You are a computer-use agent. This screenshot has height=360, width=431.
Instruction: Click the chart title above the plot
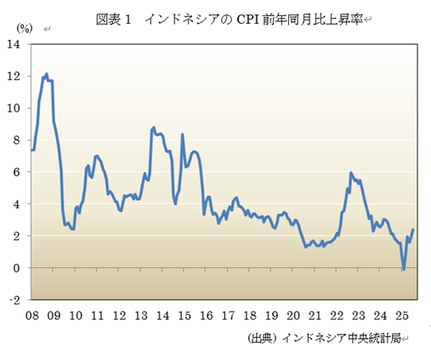(224, 18)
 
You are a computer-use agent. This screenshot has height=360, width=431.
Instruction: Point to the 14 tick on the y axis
(16, 44)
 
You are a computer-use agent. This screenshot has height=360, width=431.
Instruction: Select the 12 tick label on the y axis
(16, 77)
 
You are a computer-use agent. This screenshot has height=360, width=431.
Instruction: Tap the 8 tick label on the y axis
(19, 140)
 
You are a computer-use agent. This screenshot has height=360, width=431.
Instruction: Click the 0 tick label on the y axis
(19, 268)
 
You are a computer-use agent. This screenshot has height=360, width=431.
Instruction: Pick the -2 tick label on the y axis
(16, 300)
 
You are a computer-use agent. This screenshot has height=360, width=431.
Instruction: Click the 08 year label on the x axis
(31, 315)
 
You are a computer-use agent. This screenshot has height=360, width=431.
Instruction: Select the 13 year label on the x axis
(140, 315)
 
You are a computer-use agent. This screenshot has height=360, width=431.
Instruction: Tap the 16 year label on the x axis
(205, 315)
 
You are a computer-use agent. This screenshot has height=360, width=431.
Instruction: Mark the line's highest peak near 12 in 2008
(46, 74)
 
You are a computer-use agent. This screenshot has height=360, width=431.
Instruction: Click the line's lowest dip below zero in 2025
(404, 270)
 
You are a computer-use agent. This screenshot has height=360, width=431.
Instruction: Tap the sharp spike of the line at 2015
(183, 134)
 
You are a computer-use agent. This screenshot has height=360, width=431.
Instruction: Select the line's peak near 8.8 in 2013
(153, 128)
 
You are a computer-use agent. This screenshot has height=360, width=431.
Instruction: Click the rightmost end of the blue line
(413, 230)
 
